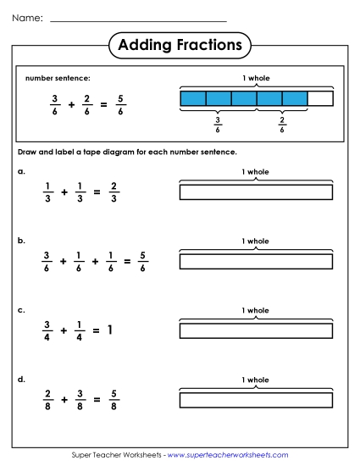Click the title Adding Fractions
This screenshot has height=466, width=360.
click(180, 44)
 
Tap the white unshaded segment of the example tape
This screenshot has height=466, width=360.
click(319, 99)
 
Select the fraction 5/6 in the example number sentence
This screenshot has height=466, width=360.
click(120, 104)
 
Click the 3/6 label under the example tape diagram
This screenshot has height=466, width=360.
click(218, 125)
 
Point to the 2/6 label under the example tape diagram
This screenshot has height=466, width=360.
click(282, 125)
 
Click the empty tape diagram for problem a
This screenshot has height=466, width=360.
click(256, 192)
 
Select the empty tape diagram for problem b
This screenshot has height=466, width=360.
click(256, 261)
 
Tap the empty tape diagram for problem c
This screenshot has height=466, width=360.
click(256, 330)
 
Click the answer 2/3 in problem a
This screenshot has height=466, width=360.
click(114, 192)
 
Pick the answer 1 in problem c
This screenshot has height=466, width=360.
click(109, 330)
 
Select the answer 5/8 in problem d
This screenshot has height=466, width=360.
click(114, 398)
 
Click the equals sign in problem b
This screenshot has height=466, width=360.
click(127, 261)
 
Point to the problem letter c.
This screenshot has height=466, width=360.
click(21, 309)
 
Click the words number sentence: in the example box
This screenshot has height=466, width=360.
click(58, 78)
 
